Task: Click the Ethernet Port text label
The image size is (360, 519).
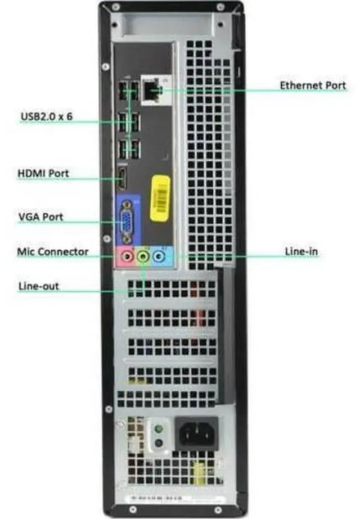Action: tap(313, 85)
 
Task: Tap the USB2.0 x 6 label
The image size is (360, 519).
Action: tap(47, 116)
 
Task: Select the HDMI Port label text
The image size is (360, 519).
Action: tap(43, 173)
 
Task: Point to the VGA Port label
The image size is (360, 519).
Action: tap(40, 216)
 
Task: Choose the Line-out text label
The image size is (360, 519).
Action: tap(39, 286)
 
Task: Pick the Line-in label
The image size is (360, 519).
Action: tap(301, 251)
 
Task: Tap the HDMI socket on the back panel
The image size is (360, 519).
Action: tap(121, 179)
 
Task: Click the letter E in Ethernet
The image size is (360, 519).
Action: tap(283, 85)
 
